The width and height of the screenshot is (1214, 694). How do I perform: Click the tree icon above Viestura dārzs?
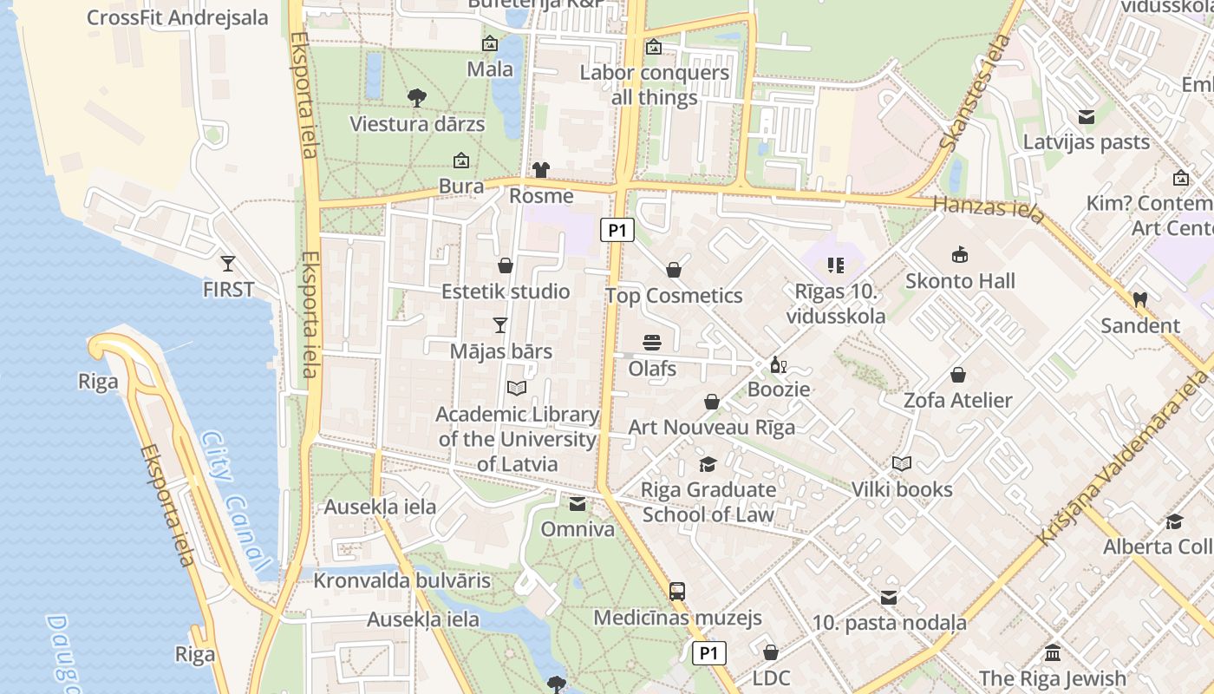point(417,97)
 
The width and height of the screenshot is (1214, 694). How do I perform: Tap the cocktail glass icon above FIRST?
point(228,263)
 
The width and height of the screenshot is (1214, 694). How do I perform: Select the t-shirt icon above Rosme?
point(541,169)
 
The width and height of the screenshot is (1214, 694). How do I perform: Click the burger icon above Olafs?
point(652,343)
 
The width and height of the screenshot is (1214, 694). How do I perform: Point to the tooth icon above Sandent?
point(1139,299)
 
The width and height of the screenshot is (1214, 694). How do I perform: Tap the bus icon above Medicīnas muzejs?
point(677,592)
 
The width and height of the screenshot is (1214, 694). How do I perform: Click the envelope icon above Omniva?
point(577,504)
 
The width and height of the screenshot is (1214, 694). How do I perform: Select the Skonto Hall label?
point(960,281)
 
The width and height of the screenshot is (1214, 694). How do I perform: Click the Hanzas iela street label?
point(989,208)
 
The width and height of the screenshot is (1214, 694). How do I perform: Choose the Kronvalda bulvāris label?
point(402,580)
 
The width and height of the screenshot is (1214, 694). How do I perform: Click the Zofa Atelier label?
point(957,400)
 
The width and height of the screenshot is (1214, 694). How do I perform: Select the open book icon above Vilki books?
point(902,463)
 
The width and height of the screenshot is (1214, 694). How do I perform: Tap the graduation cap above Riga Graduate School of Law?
point(708,464)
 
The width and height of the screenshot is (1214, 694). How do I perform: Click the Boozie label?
point(779,390)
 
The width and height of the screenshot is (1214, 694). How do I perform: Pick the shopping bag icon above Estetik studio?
point(506,265)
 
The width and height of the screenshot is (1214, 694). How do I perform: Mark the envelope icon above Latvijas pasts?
point(1086,117)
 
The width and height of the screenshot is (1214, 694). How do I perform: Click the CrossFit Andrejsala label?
point(178,17)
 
